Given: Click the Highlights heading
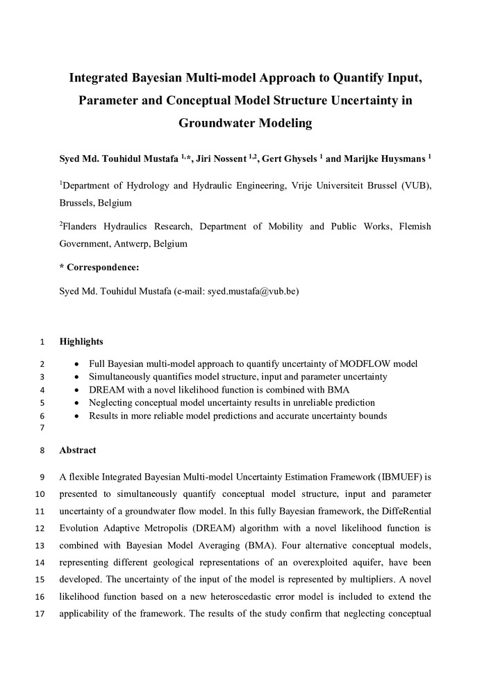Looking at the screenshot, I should (81, 341).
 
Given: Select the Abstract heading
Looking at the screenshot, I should (78, 450).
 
